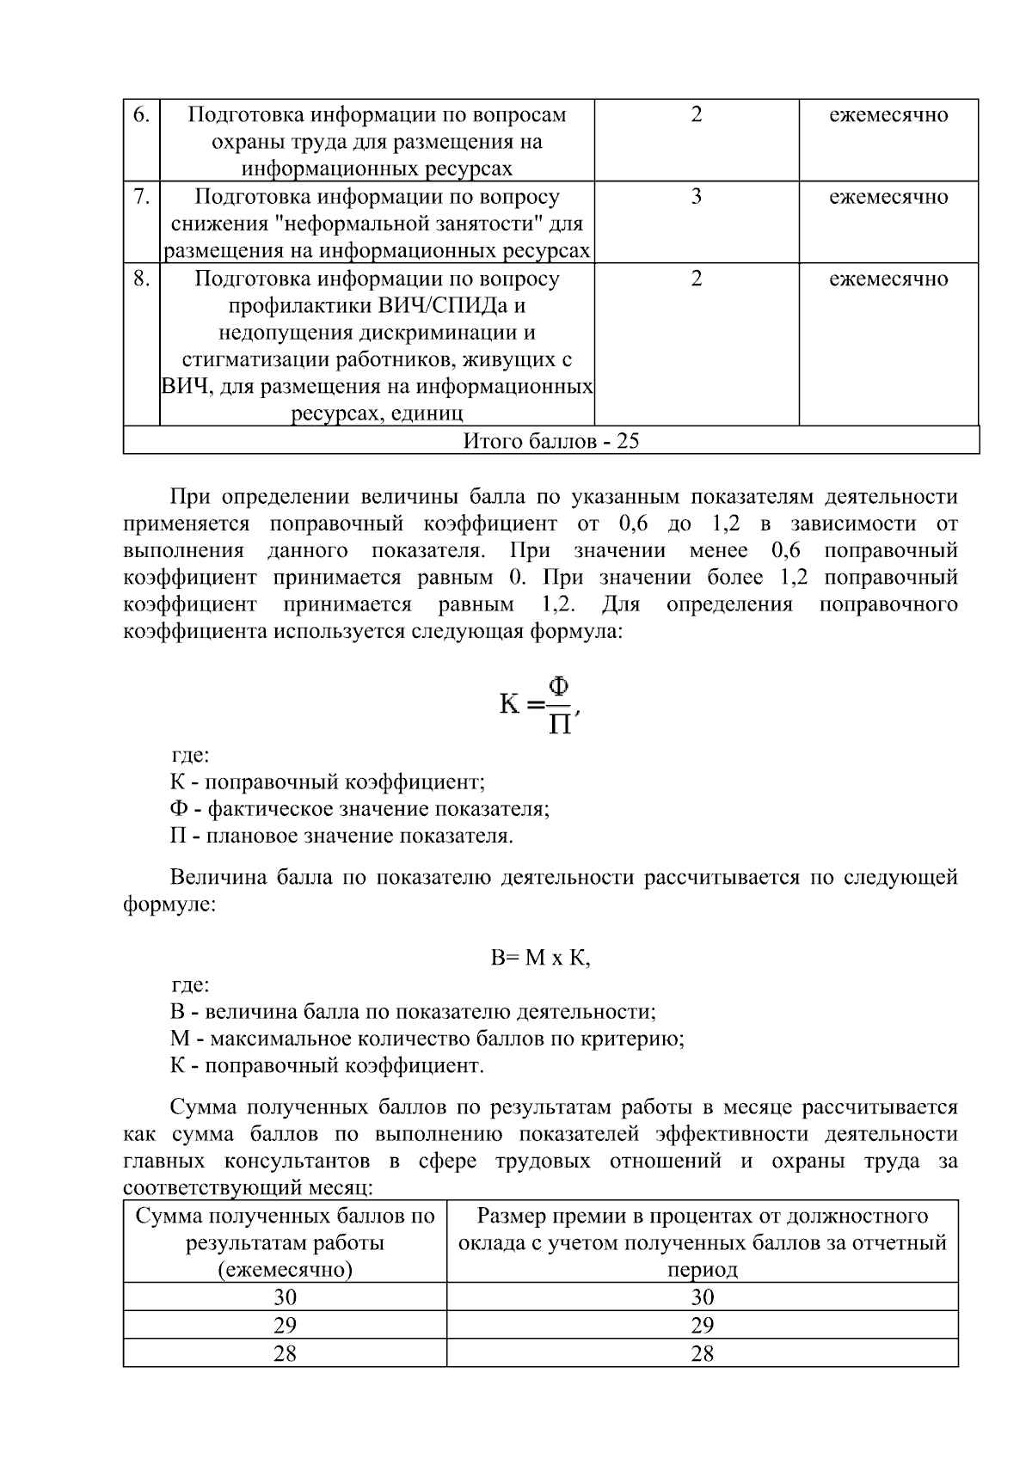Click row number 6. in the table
pos(142,114)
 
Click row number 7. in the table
pos(142,196)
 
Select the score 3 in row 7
pos(696,196)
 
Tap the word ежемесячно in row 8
pos(888,279)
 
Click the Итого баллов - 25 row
pos(551,441)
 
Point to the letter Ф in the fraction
pos(559,688)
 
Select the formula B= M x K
pos(541,958)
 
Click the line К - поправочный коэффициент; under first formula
pos(328,782)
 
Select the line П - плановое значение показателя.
pos(341,836)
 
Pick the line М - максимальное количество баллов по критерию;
pos(427,1039)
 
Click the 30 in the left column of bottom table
pos(285,1297)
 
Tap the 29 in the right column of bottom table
pos(702,1325)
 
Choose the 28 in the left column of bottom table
pos(285,1353)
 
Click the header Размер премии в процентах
pos(702,1216)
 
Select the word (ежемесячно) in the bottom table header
pos(285,1270)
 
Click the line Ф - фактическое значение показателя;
pos(359,809)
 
